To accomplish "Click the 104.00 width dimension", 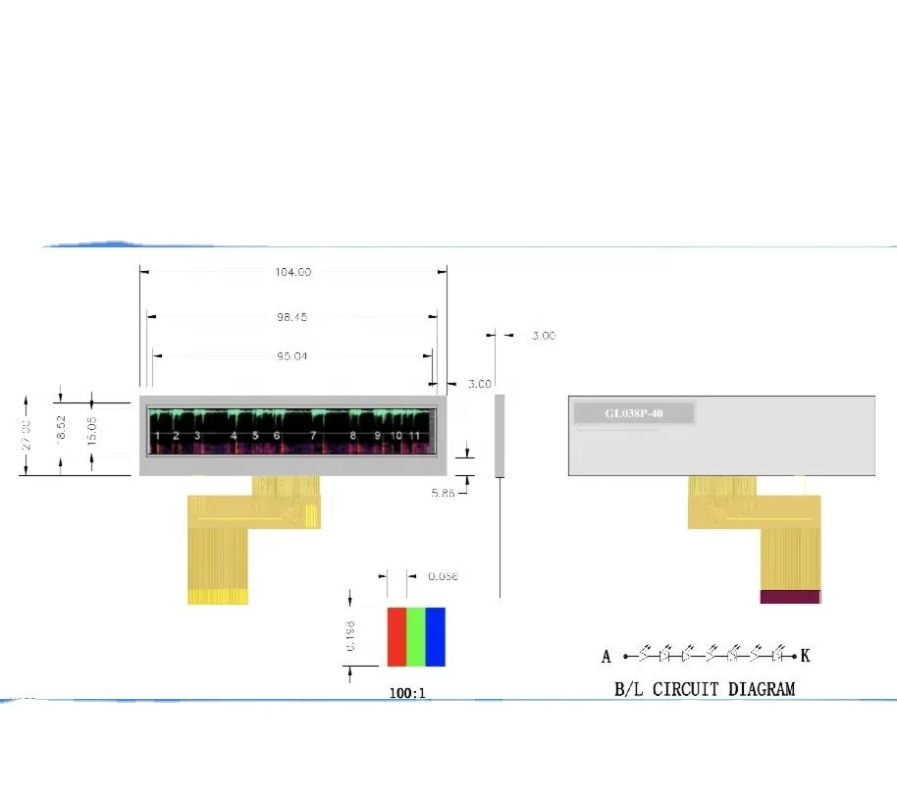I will coord(292,272).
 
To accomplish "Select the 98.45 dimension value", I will coord(292,317).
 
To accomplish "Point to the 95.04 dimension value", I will coord(291,356).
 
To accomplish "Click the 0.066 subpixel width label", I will coord(443,576).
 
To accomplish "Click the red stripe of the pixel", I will coord(396,636).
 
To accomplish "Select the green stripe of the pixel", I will coord(416,636).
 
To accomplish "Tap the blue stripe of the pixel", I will coord(435,636).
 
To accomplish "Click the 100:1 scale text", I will coord(408,693).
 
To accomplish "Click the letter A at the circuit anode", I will coord(607,657).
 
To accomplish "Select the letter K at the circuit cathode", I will coord(806,656).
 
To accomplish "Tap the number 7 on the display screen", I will coord(313,435).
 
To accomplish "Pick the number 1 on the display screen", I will coord(157,435).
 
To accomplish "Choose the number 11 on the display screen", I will coord(415,435).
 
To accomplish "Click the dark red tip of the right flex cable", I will coord(790,596).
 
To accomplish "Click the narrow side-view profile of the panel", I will coord(500,436).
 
